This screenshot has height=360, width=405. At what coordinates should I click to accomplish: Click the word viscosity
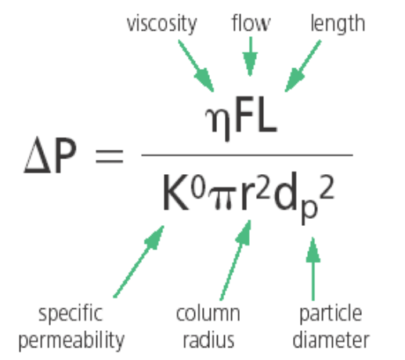(x=161, y=24)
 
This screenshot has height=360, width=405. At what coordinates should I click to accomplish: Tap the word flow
(x=251, y=23)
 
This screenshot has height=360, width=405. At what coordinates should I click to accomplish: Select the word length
(x=338, y=24)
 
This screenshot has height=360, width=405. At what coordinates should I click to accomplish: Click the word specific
(x=71, y=314)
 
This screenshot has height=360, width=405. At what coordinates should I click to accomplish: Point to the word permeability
(x=71, y=340)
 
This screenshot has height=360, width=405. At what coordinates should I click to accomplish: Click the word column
(x=208, y=313)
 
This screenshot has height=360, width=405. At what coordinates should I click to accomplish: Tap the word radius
(x=208, y=339)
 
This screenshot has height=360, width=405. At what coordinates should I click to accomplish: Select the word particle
(x=331, y=314)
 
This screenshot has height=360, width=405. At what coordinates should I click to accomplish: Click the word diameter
(x=331, y=339)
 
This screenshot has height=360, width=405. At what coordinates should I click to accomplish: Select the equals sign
(x=110, y=157)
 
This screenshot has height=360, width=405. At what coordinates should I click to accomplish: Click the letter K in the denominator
(x=175, y=192)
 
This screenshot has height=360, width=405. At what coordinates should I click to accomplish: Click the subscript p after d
(x=309, y=213)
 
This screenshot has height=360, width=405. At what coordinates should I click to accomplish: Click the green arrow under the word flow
(x=251, y=56)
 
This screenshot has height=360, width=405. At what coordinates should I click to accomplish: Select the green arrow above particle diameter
(x=313, y=269)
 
